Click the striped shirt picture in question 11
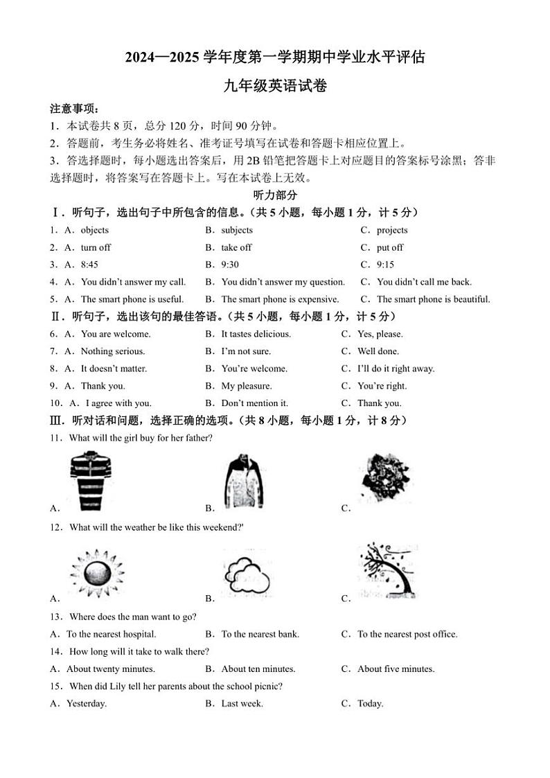(91, 480)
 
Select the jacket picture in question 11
(245, 481)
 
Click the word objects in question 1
(95, 230)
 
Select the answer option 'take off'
(236, 247)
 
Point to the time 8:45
(89, 265)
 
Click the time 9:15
(385, 265)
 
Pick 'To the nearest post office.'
(407, 634)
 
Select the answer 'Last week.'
(242, 704)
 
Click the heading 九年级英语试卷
(275, 87)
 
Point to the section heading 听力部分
(275, 195)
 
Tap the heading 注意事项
(74, 109)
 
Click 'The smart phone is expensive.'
(280, 299)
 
